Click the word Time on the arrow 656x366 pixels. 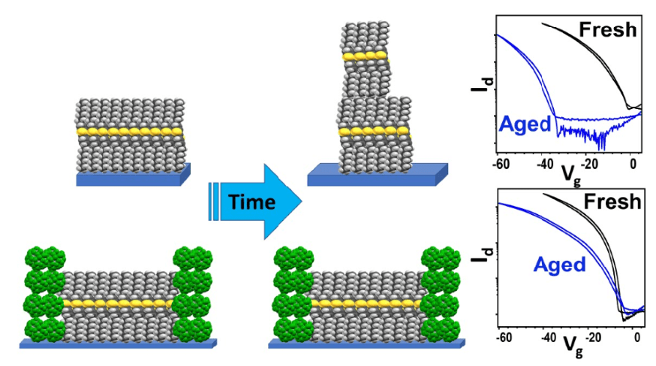(x=252, y=202)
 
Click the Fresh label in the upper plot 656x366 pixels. (x=607, y=30)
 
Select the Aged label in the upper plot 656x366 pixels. (x=525, y=124)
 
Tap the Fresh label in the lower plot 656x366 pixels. (x=612, y=202)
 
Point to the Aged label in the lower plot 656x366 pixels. (x=559, y=265)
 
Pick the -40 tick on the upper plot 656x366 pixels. (x=545, y=165)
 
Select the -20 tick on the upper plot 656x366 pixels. (x=590, y=164)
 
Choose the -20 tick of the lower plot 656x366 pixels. (x=592, y=337)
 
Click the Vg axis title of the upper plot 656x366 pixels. (x=568, y=174)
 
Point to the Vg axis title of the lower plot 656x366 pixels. (x=573, y=346)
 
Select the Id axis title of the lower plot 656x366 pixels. (x=482, y=255)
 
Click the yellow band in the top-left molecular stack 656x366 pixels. (x=130, y=132)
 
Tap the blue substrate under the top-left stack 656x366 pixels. (x=133, y=176)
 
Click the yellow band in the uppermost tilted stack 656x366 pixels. (x=364, y=56)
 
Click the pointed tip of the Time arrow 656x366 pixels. (x=301, y=202)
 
